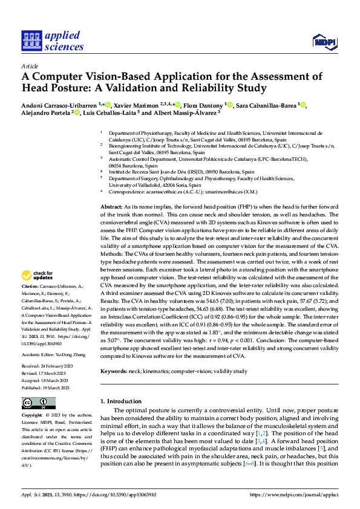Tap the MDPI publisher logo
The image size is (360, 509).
[x=324, y=41]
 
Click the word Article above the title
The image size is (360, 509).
[x=30, y=66]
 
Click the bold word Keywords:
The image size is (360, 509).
[x=114, y=372]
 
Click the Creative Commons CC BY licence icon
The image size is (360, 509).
[x=35, y=403]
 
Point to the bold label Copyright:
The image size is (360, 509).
[x=33, y=415]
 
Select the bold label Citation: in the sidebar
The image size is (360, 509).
[x=31, y=285]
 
